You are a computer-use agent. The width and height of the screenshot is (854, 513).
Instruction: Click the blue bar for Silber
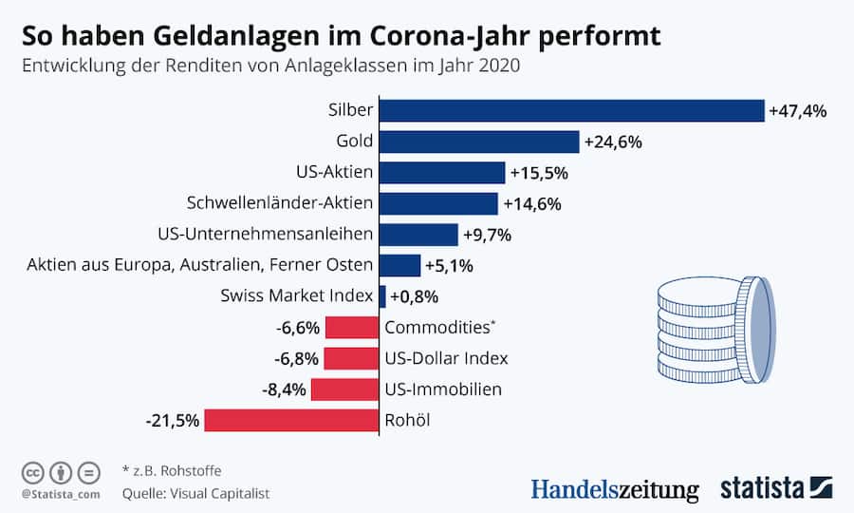571,110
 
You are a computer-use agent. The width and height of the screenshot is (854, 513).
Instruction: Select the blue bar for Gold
479,142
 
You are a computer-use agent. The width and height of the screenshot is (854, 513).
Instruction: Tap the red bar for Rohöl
291,420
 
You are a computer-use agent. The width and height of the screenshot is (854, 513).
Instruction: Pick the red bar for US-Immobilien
344,389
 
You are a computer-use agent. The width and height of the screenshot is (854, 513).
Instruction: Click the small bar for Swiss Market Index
382,296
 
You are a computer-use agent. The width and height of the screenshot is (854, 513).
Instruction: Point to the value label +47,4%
798,111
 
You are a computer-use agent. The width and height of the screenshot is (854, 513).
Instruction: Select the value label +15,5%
539,173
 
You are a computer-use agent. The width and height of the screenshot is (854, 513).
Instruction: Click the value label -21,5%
172,420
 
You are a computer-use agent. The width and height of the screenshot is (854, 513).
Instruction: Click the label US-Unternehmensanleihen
265,234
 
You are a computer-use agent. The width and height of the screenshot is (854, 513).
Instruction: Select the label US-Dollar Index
447,358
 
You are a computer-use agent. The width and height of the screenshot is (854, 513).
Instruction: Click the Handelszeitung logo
614,488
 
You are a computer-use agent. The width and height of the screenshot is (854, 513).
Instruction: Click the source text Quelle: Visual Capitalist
195,493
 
